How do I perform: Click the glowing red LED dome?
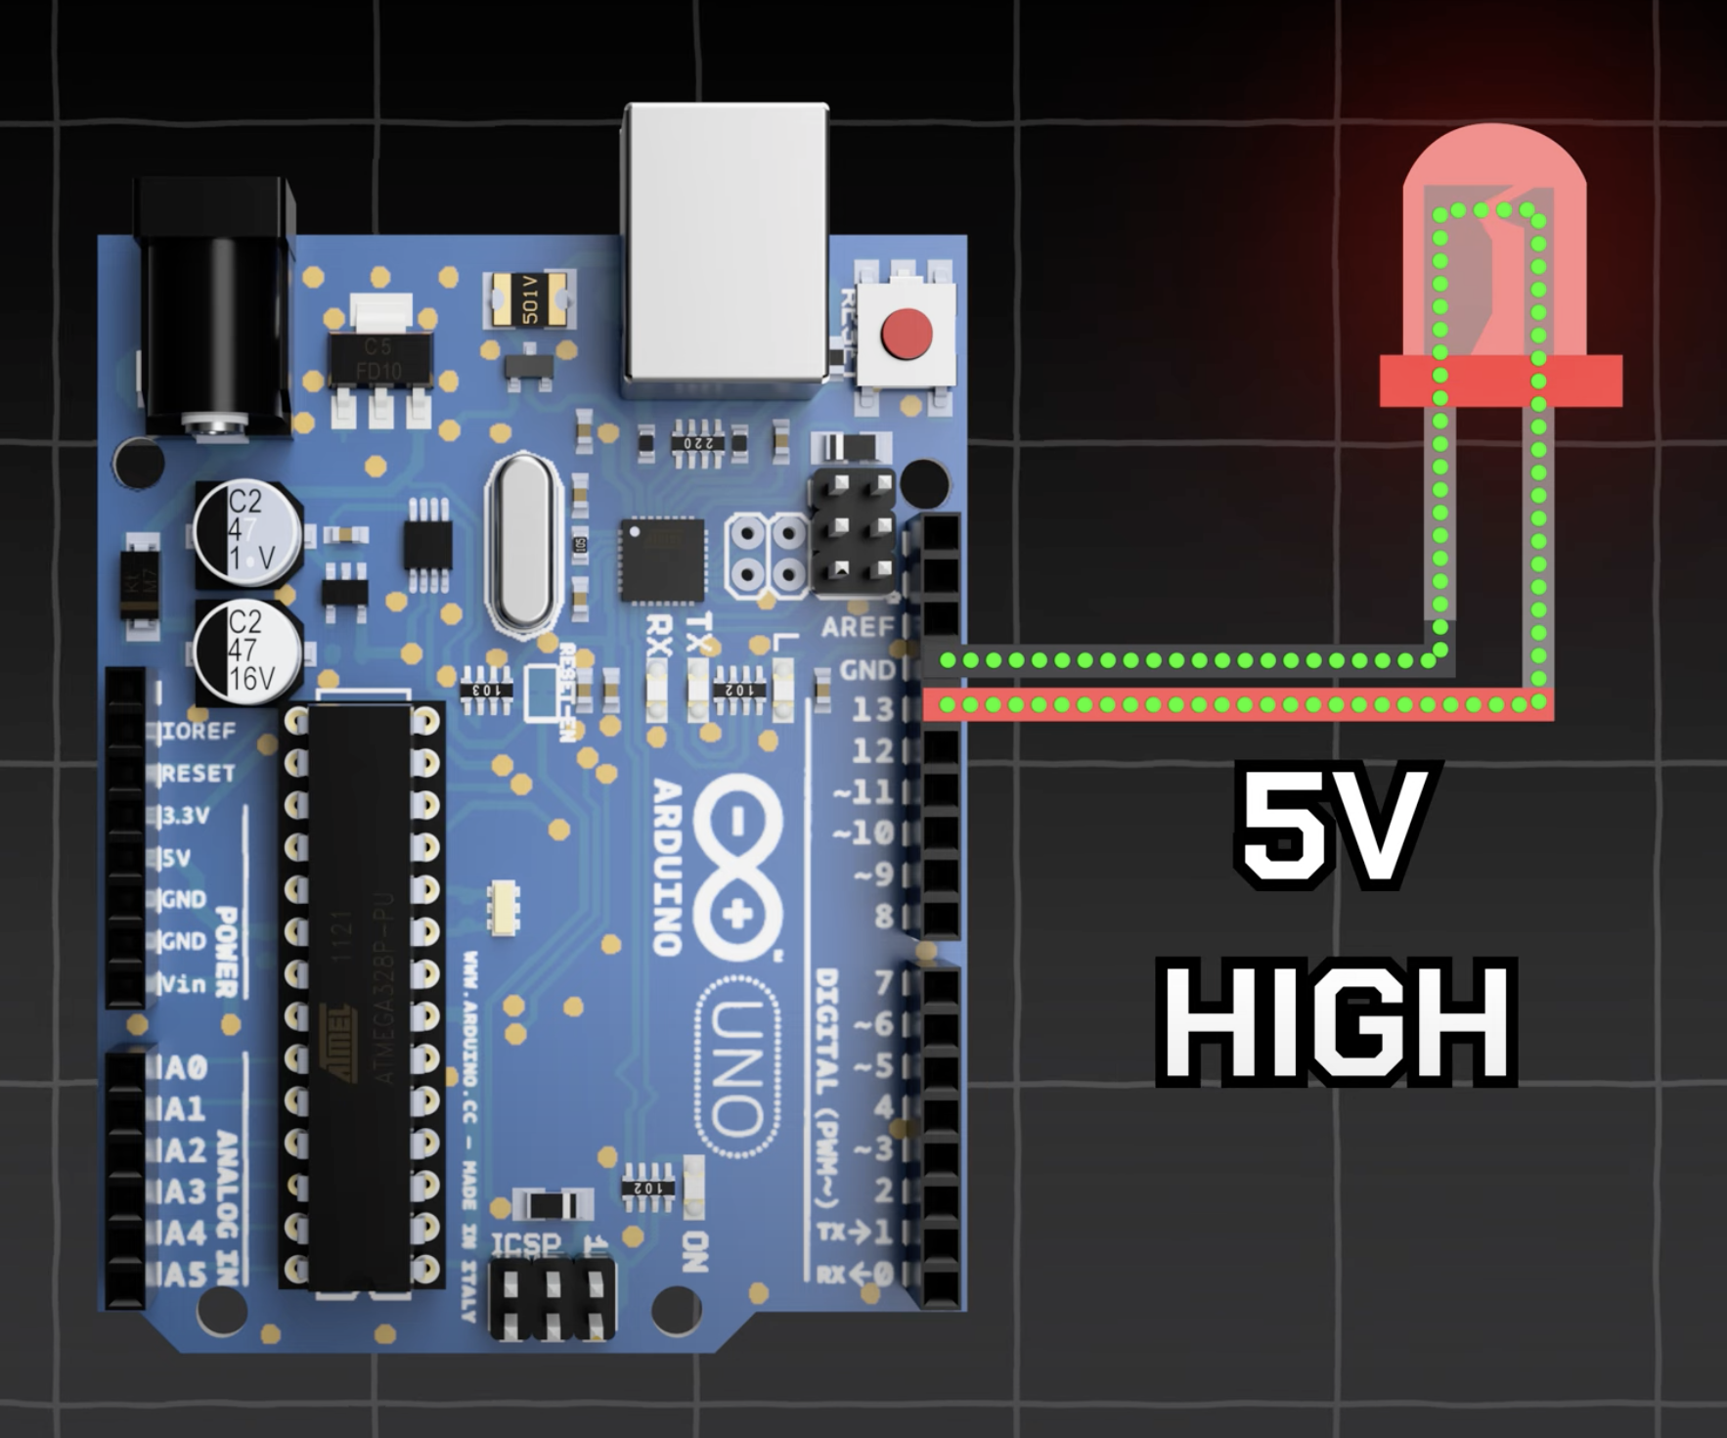coord(1492,254)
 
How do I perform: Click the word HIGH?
coord(1337,1023)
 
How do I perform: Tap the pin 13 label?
coord(872,708)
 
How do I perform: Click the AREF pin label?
coord(858,627)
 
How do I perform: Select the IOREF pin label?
coord(199,731)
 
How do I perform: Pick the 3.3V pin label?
coord(185,815)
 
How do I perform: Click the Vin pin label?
coord(184,982)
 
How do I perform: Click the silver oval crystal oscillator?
coord(524,544)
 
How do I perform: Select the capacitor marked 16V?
coord(247,651)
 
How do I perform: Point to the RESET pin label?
coord(198,773)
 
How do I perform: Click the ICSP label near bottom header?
coord(525,1244)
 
